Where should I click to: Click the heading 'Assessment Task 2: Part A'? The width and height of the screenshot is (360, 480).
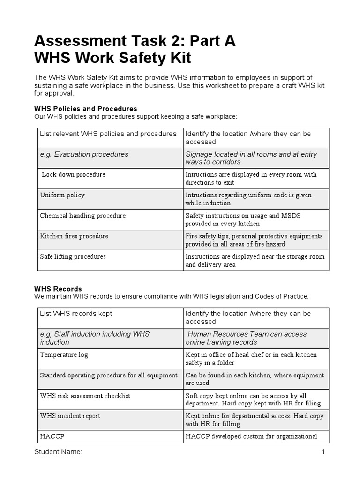[135, 42]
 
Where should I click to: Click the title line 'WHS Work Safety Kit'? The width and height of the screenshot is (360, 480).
[113, 59]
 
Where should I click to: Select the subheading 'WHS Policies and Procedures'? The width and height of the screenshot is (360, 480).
[86, 109]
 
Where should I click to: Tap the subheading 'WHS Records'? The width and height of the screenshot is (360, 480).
[58, 289]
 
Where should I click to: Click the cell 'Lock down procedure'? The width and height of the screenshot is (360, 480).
[74, 174]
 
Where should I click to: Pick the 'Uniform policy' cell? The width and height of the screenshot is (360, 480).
[62, 195]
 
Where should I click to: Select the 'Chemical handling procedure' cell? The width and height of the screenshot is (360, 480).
[83, 216]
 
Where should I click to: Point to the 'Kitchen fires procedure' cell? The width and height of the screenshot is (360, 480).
[74, 236]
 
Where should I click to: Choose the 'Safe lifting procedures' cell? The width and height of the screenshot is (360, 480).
[73, 256]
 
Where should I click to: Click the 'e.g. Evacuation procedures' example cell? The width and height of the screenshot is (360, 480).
[84, 154]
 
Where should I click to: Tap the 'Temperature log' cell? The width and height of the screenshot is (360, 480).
[64, 355]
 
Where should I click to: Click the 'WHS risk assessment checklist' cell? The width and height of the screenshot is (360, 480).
[85, 396]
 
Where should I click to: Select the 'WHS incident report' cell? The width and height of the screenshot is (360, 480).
[70, 416]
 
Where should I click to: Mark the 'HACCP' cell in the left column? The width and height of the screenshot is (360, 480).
[52, 436]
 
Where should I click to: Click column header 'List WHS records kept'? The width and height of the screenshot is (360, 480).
[76, 314]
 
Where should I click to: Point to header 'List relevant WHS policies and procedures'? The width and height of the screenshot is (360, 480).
[108, 134]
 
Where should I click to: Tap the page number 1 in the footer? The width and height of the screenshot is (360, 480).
[323, 452]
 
